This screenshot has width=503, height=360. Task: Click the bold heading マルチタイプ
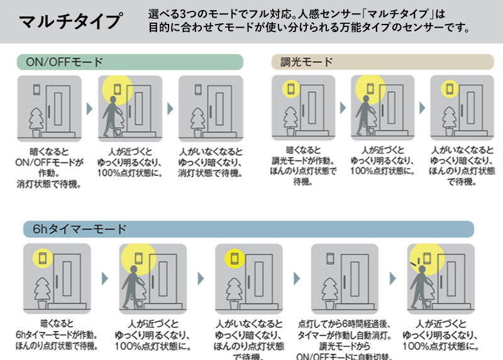pos(70,21)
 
